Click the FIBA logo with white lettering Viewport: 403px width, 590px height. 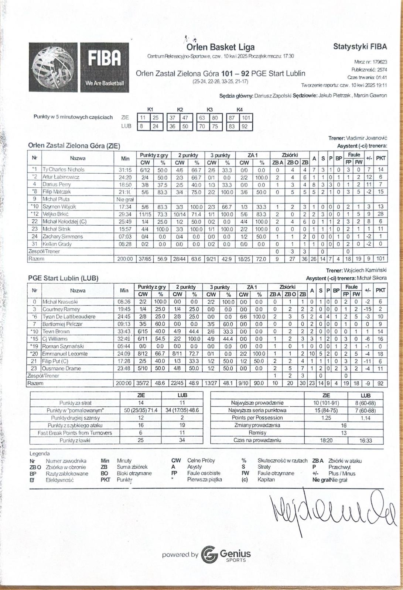coord(105,67)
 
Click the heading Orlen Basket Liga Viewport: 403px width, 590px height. coord(220,47)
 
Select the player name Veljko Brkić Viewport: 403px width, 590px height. coord(56,214)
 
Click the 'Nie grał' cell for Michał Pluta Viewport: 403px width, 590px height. coord(125,199)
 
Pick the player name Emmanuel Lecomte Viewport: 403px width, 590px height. coord(65,354)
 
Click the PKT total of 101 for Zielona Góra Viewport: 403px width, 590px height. coord(380,259)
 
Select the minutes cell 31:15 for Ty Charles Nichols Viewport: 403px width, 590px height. coord(125,170)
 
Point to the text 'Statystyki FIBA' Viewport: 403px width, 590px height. coord(360,46)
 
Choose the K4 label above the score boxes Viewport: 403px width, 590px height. coord(239,110)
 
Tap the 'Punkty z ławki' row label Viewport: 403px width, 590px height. coord(75,440)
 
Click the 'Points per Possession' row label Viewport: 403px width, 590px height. coord(257,418)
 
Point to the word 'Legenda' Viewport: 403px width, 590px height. coord(40,454)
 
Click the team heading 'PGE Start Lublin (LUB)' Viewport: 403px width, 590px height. coord(63,278)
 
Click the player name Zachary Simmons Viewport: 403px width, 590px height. coord(62,237)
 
